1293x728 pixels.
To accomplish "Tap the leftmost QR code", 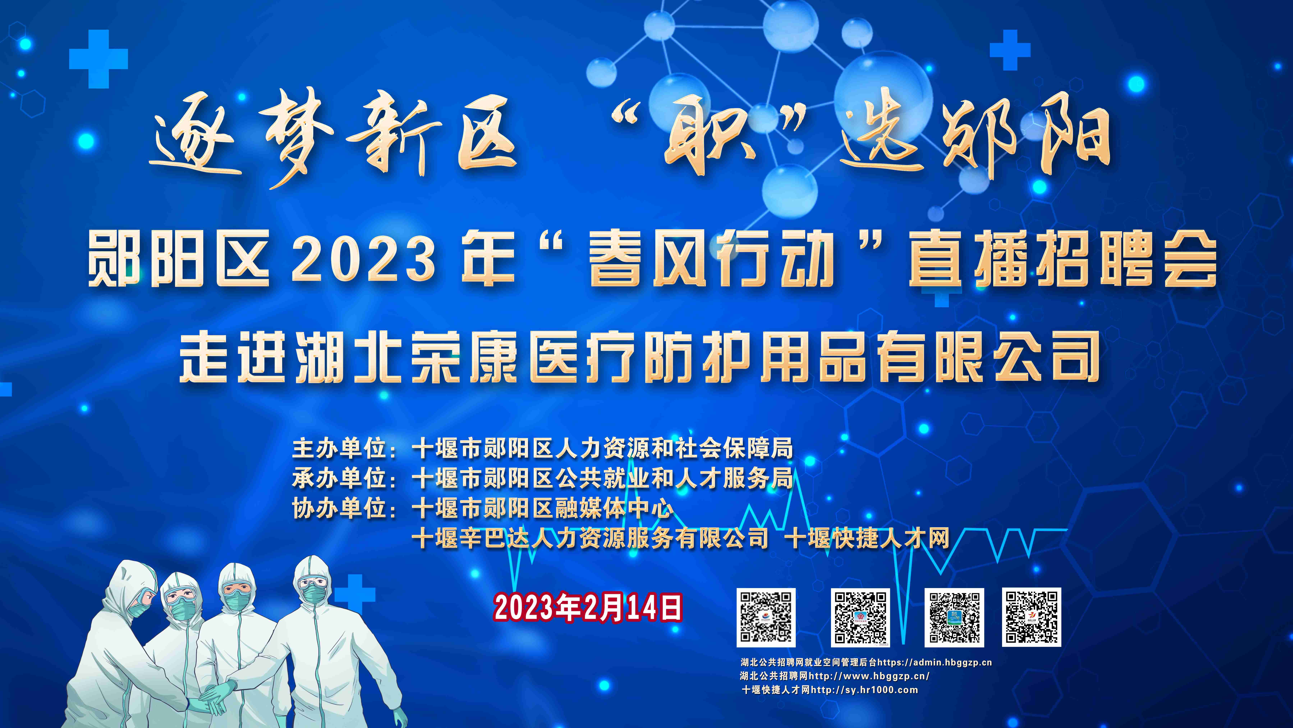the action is click(x=766, y=618).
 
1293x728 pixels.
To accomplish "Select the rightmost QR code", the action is click(x=1032, y=617).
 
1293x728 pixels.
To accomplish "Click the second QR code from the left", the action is click(x=860, y=618).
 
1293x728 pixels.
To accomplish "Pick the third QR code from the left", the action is click(x=954, y=618).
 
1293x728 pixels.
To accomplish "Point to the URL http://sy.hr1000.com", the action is click(x=864, y=690).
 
